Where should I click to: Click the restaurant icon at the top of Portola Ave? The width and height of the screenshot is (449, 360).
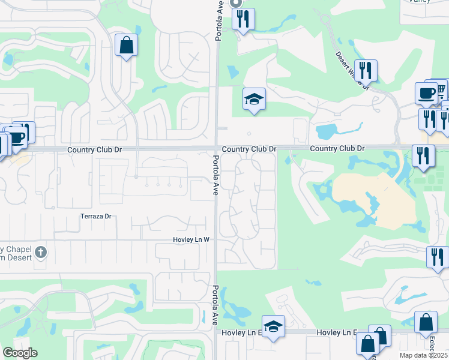[243, 19]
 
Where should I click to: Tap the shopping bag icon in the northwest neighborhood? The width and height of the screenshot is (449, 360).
[126, 45]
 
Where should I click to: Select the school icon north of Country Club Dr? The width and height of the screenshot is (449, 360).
[254, 99]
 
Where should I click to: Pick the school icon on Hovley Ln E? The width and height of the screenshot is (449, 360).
[273, 327]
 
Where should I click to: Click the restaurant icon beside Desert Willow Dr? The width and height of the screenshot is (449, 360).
[365, 71]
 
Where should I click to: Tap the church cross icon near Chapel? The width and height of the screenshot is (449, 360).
[40, 251]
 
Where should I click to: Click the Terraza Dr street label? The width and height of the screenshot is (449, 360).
[96, 216]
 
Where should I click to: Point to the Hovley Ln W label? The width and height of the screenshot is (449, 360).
[191, 239]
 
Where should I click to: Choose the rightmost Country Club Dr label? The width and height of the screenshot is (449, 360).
[337, 148]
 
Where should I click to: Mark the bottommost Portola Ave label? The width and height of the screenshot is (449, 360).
[214, 305]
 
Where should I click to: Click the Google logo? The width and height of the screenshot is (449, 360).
[20, 352]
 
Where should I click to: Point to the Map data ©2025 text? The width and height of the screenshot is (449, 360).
[423, 355]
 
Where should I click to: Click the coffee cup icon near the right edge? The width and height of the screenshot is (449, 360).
[426, 93]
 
